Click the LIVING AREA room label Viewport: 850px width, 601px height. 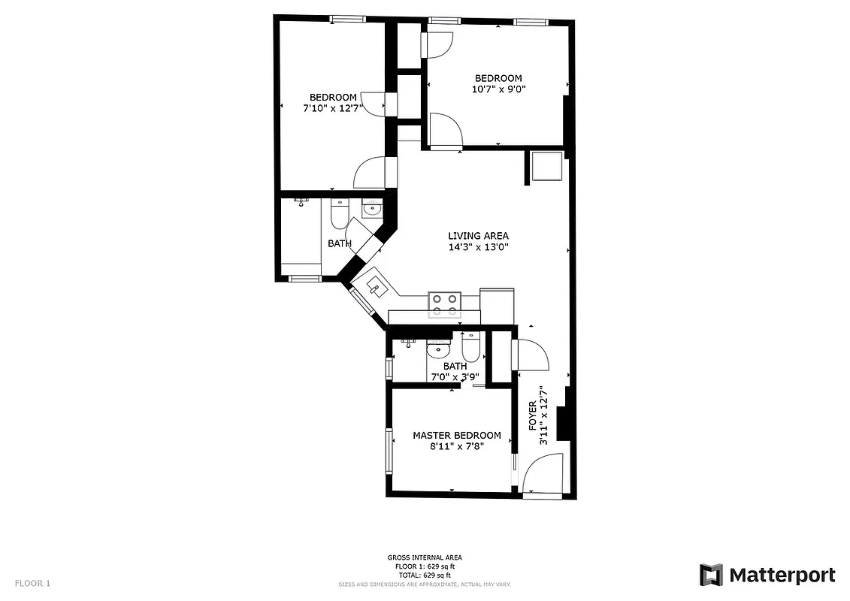[479, 235]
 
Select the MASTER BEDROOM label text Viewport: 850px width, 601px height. [456, 435]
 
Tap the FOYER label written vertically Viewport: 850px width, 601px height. [533, 415]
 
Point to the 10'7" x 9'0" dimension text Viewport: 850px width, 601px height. [498, 89]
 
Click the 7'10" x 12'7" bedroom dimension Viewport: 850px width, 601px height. [332, 107]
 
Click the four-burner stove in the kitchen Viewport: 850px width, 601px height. [443, 302]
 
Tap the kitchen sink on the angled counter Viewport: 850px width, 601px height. [376, 285]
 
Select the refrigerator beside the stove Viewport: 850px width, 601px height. [497, 304]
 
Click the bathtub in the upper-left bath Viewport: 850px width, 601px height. [301, 237]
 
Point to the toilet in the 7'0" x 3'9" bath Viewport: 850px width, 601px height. [470, 347]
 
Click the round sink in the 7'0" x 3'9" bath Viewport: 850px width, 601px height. [437, 349]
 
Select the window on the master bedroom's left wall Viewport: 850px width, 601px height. [389, 451]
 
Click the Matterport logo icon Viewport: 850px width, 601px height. [711, 575]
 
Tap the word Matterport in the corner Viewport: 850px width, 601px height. [782, 575]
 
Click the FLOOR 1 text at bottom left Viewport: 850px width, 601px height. [32, 583]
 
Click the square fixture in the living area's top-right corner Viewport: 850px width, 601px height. [546, 167]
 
